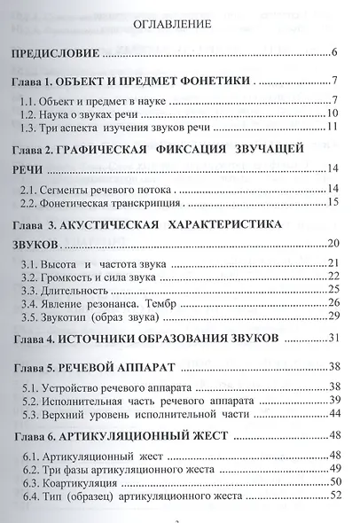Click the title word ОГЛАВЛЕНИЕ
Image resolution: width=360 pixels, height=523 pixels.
tap(174, 25)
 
